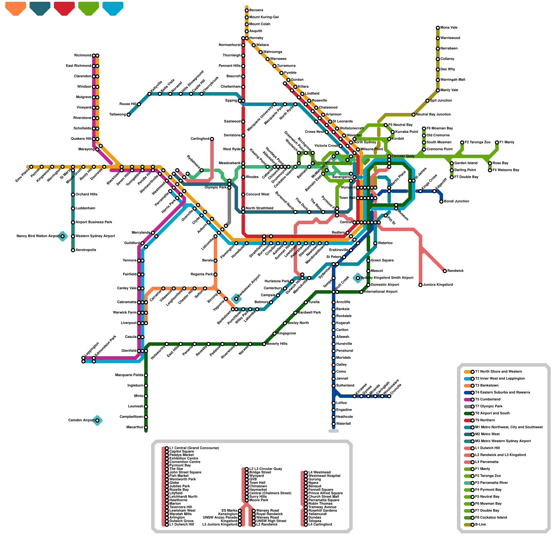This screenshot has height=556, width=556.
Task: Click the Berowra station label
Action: click(256, 10)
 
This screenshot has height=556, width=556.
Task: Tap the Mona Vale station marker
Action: click(438, 28)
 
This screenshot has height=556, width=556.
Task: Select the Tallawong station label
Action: click(117, 115)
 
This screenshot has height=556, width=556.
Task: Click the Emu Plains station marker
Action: click(31, 167)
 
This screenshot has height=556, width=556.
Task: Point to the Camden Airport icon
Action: click(97, 420)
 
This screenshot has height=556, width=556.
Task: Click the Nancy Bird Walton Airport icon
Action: click(63, 236)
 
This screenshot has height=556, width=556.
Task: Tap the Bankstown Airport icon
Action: click(236, 299)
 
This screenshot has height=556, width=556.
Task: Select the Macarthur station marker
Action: click(146, 427)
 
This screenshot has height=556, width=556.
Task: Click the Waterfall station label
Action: click(343, 424)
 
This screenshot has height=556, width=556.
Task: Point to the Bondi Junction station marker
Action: click(441, 202)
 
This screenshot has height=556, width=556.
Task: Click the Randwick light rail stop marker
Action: click(445, 271)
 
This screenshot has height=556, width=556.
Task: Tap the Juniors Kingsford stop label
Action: click(438, 285)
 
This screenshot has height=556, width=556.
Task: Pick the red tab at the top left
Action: click(64, 8)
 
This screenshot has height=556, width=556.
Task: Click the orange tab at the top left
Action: click(16, 8)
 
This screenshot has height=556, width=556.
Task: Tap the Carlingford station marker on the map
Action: click(212, 139)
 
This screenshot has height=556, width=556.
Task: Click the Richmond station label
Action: click(83, 56)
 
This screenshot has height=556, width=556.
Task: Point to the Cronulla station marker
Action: click(389, 396)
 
